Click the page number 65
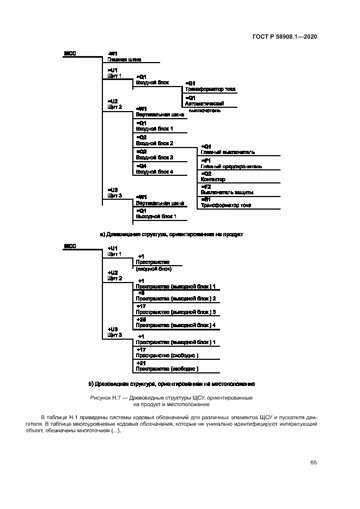(313, 462)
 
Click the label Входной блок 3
(154, 157)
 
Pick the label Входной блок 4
(154, 171)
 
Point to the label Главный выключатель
(228, 152)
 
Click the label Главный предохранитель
(231, 166)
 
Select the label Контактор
(213, 179)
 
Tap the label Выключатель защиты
(227, 192)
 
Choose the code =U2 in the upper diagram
(113, 101)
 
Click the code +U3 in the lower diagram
(113, 329)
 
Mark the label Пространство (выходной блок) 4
(176, 325)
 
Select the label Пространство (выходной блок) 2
(176, 298)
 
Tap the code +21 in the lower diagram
(141, 363)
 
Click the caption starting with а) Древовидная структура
(172, 234)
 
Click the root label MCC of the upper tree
(70, 53)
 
